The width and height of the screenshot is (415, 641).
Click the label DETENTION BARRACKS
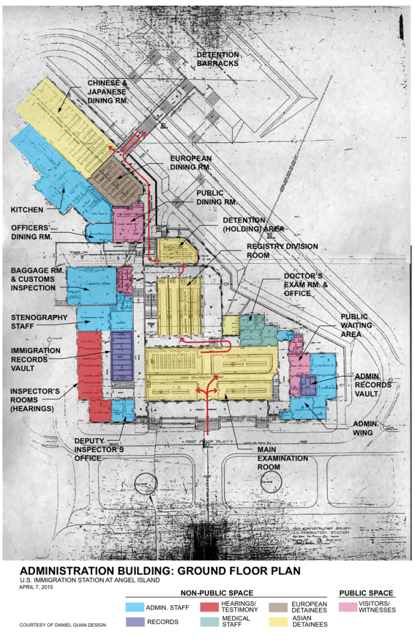coord(218,59)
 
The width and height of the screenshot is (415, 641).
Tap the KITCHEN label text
coord(27,210)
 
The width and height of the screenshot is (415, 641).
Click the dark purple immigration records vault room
coord(121,356)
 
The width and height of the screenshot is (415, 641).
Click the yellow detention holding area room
coord(177,251)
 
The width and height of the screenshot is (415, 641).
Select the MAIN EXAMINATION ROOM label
coord(282,458)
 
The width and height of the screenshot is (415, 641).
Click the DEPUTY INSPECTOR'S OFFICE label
coord(99,449)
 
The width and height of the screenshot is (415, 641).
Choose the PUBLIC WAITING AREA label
coord(356,326)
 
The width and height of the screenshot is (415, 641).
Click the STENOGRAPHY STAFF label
coord(39,322)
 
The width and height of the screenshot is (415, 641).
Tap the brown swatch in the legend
coord(278,607)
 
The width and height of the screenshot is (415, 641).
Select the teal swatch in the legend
coord(210,622)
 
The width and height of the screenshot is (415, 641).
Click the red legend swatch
coord(209,607)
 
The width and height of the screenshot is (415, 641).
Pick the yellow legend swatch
coord(278,622)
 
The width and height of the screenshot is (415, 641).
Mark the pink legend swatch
coord(347,607)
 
